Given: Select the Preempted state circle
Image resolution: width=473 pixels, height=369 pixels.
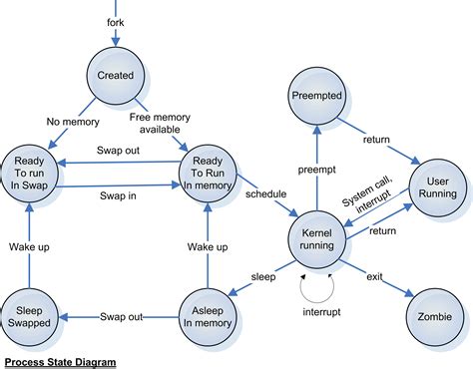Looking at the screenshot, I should point(316,98).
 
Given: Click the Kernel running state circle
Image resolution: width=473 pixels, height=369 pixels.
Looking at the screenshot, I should point(315,240).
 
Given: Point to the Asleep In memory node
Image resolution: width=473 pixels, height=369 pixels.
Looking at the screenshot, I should point(209,316).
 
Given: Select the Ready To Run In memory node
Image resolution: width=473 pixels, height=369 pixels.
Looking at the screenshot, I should point(208,172).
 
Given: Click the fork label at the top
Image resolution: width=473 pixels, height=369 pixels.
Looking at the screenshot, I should point(116,21).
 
